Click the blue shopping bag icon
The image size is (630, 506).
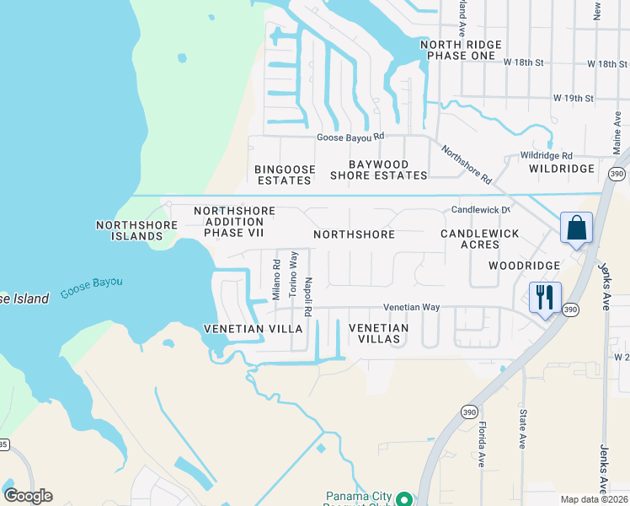577,228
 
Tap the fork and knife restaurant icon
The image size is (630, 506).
543,298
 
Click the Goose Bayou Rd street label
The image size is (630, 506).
350,136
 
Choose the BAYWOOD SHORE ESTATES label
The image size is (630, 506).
378,170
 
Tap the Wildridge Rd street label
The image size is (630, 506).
546,156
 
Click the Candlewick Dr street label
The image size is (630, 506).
481,209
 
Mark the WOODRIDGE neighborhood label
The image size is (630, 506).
525,266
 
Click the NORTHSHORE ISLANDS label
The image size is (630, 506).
136,230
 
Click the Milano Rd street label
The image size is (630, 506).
275,278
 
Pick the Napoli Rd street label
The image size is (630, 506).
309,297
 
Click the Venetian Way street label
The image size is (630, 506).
412,308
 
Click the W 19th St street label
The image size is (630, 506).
574,99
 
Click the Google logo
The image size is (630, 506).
29,496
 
